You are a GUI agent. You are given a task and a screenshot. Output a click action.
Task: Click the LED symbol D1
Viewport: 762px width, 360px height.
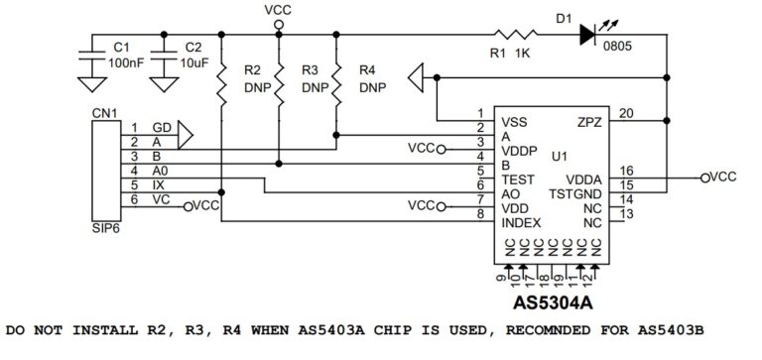[x=588, y=33]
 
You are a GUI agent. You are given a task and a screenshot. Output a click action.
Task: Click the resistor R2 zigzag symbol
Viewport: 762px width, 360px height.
[x=222, y=80]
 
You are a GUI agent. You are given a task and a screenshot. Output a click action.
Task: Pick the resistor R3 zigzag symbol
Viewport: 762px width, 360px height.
[x=281, y=80]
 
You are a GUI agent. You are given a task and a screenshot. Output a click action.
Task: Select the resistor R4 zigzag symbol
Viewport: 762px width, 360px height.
[x=337, y=80]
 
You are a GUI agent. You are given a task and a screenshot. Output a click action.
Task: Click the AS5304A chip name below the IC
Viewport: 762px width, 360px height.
[x=553, y=300]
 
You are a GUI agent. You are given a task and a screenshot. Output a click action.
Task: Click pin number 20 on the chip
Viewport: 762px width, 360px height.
[x=625, y=113]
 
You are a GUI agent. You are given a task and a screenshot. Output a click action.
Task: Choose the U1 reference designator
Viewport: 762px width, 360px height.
[x=559, y=157]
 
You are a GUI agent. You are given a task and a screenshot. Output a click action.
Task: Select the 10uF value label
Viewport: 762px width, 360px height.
[x=193, y=62]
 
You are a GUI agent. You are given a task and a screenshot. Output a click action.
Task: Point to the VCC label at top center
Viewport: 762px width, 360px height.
[x=280, y=9]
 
